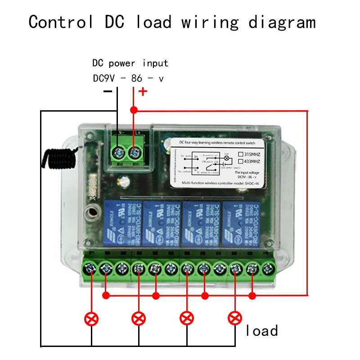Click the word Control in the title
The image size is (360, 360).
coord(61,21)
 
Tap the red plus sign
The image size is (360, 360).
coord(143,92)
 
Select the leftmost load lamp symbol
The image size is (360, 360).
coord(91,319)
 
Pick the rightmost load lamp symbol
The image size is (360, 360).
coord(234,319)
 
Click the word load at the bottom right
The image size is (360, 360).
coord(261,331)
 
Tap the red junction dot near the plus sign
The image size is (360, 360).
coord(134,110)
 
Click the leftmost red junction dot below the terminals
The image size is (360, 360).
coord(106,296)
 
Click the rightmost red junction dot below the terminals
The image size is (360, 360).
coord(252,296)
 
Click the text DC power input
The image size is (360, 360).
coord(130,63)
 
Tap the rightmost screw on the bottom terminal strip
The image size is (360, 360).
coord(268,269)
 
